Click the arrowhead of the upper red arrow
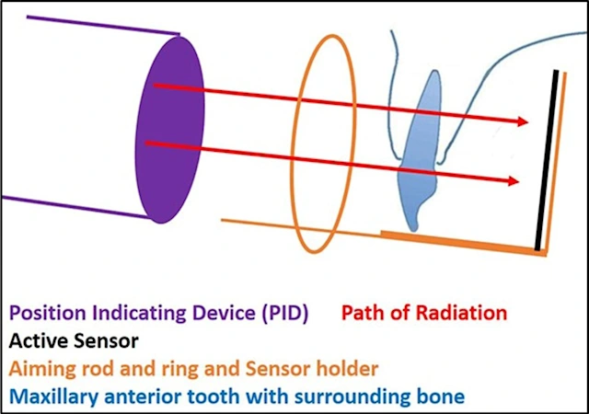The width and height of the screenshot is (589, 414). point(522,121)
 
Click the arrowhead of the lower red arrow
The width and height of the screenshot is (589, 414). point(511,182)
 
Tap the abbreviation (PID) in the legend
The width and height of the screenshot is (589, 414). point(278,313)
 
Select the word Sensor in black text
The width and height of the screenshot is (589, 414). point(109,340)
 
